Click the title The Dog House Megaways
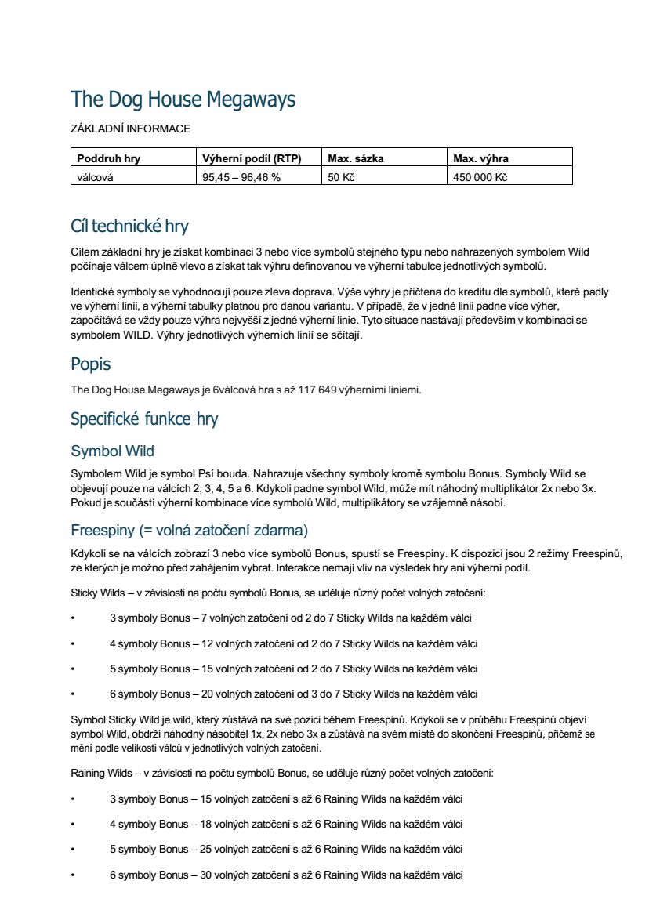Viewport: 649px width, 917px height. point(183,100)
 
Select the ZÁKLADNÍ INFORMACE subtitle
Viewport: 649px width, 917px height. point(130,129)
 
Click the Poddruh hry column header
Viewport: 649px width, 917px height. point(108,158)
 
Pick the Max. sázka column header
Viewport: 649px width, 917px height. point(355,158)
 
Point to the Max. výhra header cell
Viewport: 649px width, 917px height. point(480,158)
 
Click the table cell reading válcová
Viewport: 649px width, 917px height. point(95,177)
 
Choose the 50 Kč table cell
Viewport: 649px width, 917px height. point(342,177)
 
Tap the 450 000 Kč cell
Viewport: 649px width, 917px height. point(480,177)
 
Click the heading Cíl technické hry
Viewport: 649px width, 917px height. point(129,227)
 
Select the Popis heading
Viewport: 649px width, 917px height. point(91,364)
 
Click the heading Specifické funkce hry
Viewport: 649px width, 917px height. point(144,419)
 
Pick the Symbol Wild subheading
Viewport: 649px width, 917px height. point(112,451)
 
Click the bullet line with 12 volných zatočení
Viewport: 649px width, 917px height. point(293,643)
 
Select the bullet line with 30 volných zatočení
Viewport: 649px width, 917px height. point(285,874)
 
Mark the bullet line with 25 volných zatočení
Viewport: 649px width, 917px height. point(285,849)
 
